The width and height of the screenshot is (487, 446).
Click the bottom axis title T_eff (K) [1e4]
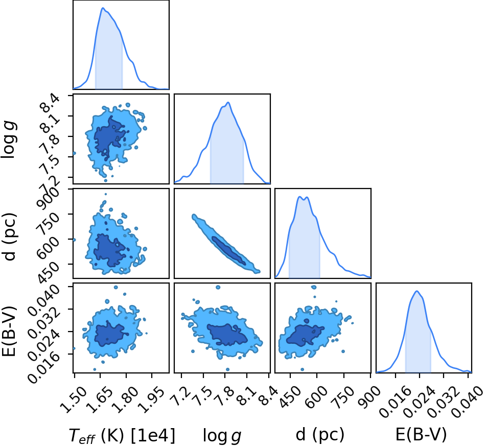coord(122,435)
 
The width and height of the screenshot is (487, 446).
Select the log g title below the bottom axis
coord(222,435)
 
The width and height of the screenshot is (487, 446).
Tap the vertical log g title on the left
coord(9,140)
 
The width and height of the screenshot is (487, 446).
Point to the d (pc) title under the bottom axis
coord(320,435)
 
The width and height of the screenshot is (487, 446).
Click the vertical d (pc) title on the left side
coord(9,237)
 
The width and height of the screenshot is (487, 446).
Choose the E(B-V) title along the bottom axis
coord(421,435)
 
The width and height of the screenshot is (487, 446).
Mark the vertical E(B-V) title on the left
coord(9,331)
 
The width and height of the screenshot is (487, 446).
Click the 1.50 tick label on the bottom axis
coord(73,400)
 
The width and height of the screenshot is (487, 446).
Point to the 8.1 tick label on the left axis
coord(50,117)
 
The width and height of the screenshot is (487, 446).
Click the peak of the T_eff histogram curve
coord(103,8)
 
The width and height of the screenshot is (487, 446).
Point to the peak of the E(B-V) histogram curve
coord(417,291)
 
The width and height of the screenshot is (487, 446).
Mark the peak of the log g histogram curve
coord(228,102)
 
